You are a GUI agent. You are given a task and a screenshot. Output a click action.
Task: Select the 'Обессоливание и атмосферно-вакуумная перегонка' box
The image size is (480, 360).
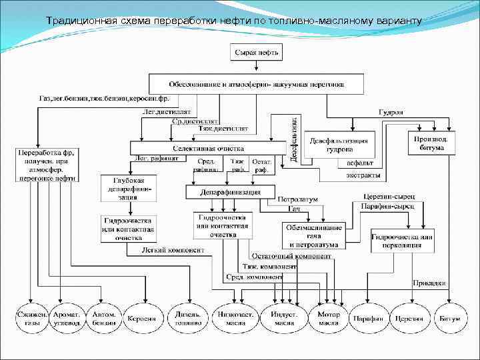(256, 84)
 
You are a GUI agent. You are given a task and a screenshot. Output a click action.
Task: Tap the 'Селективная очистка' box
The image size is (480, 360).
(208, 148)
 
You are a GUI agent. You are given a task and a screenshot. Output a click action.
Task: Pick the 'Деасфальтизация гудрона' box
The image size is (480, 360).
(339, 144)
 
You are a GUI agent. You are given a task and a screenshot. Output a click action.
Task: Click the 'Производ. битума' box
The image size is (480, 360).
(431, 143)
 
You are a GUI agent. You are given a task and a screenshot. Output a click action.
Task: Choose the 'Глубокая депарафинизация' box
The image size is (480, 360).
(127, 188)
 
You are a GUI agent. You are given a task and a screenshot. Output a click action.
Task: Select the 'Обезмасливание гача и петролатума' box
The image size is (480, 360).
(314, 235)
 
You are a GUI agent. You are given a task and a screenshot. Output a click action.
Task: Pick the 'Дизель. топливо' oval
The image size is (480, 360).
(189, 319)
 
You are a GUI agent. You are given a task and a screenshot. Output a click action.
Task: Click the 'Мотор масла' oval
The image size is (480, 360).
(329, 319)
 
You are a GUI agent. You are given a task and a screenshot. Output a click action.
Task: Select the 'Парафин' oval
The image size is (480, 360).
(369, 319)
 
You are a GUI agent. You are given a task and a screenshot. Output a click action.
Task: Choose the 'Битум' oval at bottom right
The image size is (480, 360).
(449, 319)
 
